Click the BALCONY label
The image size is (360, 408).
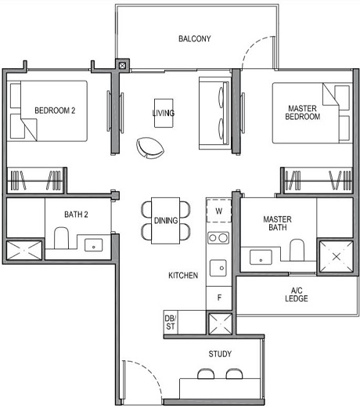pyautogui.click(x=194, y=38)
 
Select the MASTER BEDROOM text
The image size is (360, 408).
pyautogui.click(x=303, y=112)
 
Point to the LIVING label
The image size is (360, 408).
pyautogui.click(x=163, y=114)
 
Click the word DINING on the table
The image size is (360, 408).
pyautogui.click(x=166, y=221)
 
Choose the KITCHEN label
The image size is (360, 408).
pyautogui.click(x=182, y=276)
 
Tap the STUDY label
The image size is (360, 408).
pyautogui.click(x=220, y=354)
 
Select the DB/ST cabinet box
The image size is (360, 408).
pyautogui.click(x=170, y=321)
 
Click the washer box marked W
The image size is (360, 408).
pyautogui.click(x=218, y=211)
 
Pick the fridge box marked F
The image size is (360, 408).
pyautogui.click(x=219, y=297)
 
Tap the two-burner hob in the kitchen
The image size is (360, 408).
pyautogui.click(x=218, y=238)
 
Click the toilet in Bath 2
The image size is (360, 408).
pyautogui.click(x=63, y=238)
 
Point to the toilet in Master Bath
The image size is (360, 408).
pyautogui.click(x=297, y=250)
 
